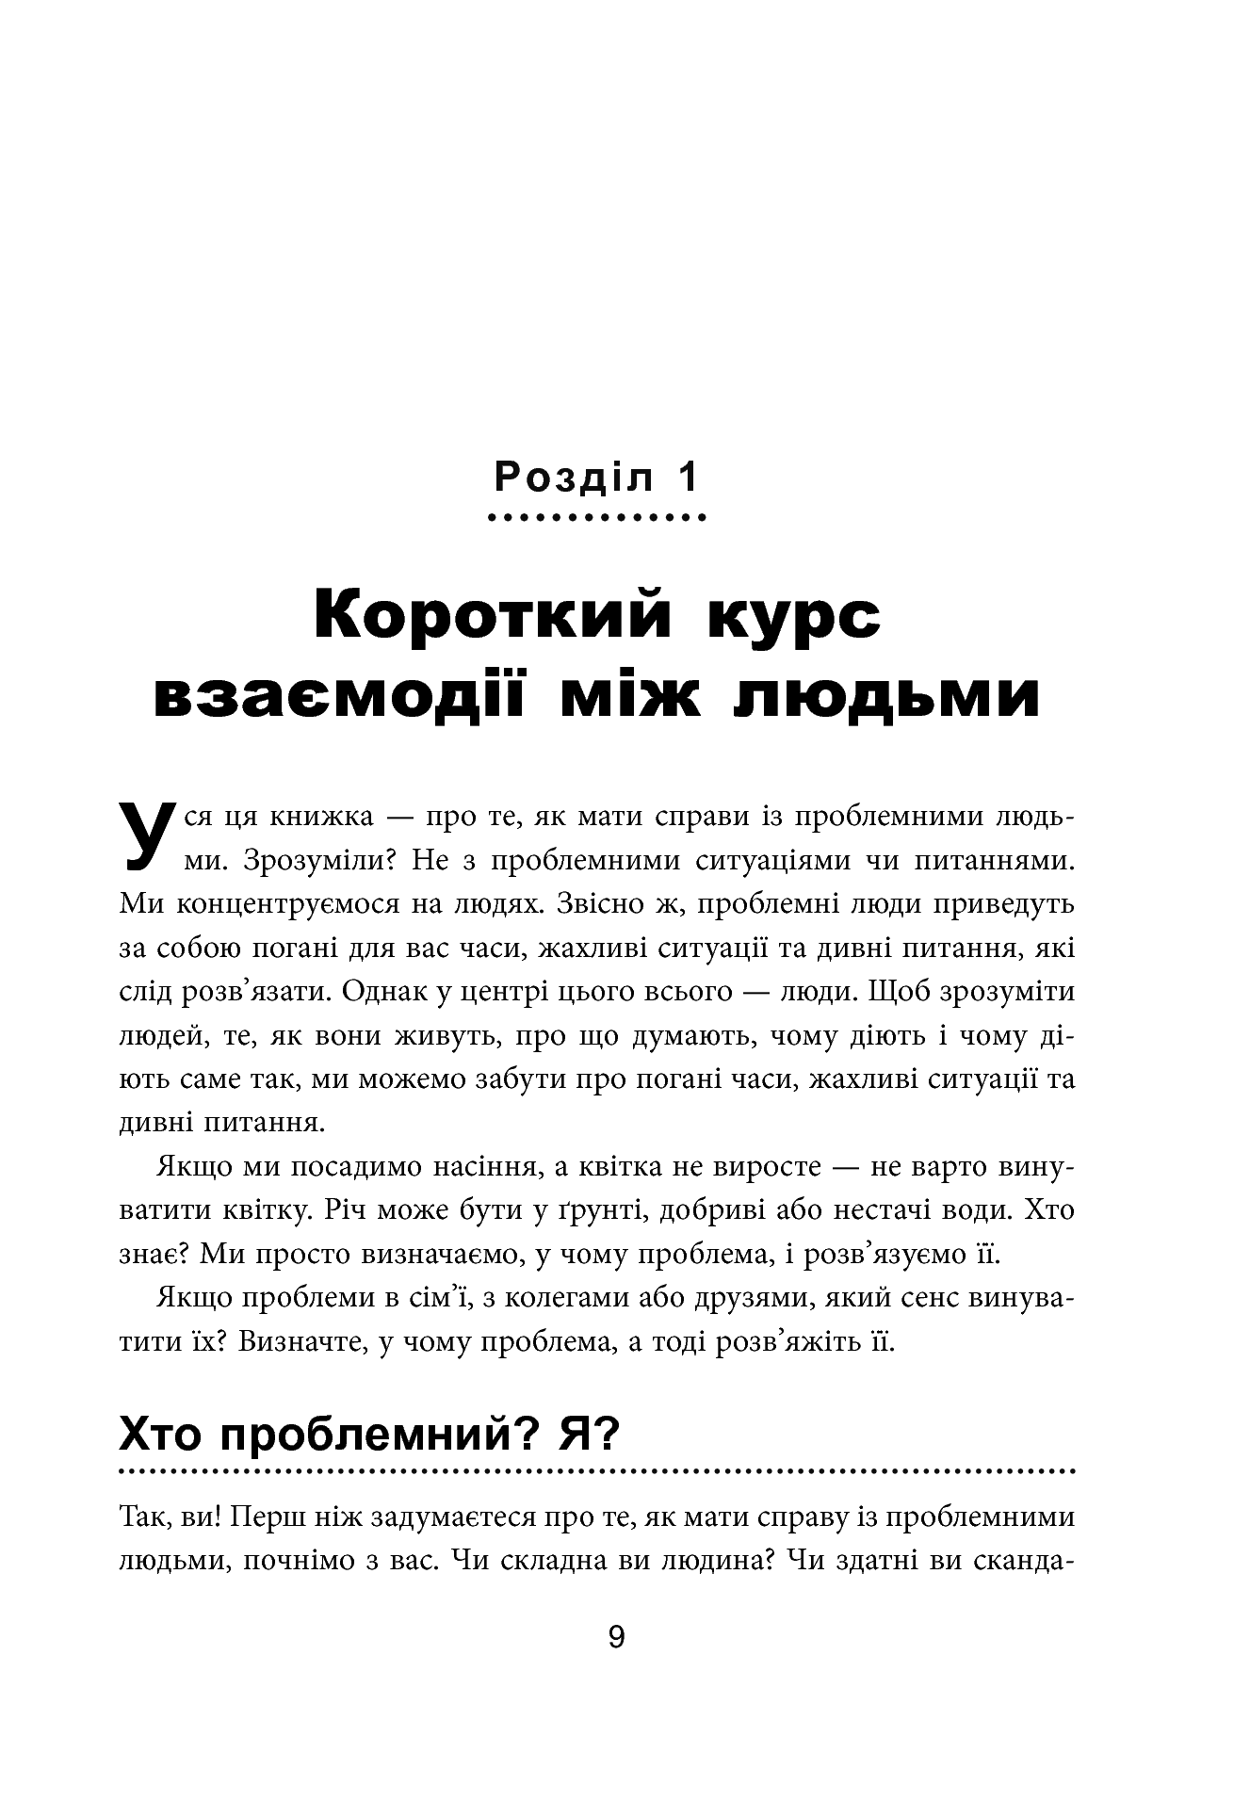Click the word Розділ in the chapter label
573,478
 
